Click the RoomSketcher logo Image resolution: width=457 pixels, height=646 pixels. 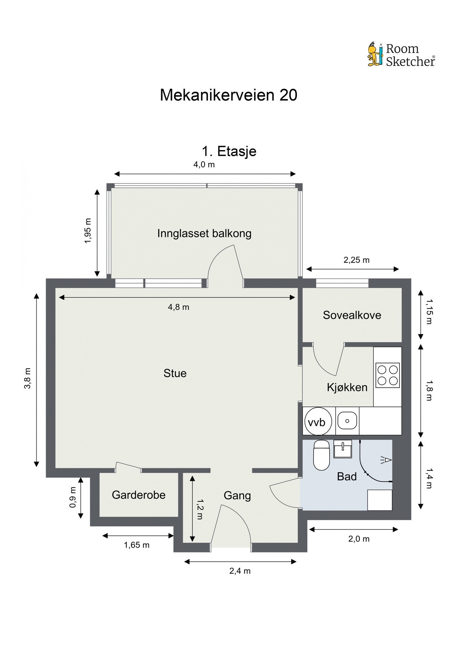pyautogui.click(x=401, y=55)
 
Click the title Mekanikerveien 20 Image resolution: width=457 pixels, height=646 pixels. pyautogui.click(x=228, y=95)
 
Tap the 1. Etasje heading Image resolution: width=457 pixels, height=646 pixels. pyautogui.click(x=229, y=151)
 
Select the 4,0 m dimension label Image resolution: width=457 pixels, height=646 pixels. pyautogui.click(x=204, y=165)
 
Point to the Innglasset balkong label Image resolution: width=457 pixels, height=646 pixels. pyautogui.click(x=204, y=234)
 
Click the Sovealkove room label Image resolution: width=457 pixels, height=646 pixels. pyautogui.click(x=352, y=315)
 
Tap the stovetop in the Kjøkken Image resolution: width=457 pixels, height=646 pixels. pyautogui.click(x=387, y=375)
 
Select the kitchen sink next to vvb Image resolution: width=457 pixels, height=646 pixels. pyautogui.click(x=347, y=421)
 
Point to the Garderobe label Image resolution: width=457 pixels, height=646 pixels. pyautogui.click(x=139, y=495)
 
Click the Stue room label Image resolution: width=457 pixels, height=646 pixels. pyautogui.click(x=175, y=373)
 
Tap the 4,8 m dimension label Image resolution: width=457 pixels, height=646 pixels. pyautogui.click(x=178, y=307)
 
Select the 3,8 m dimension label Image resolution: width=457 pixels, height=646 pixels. pyautogui.click(x=28, y=378)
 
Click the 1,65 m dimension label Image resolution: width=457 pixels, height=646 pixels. pyautogui.click(x=136, y=545)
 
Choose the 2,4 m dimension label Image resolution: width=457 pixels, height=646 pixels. pyautogui.click(x=240, y=571)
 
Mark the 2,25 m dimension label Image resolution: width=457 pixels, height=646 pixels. pyautogui.click(x=356, y=260)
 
